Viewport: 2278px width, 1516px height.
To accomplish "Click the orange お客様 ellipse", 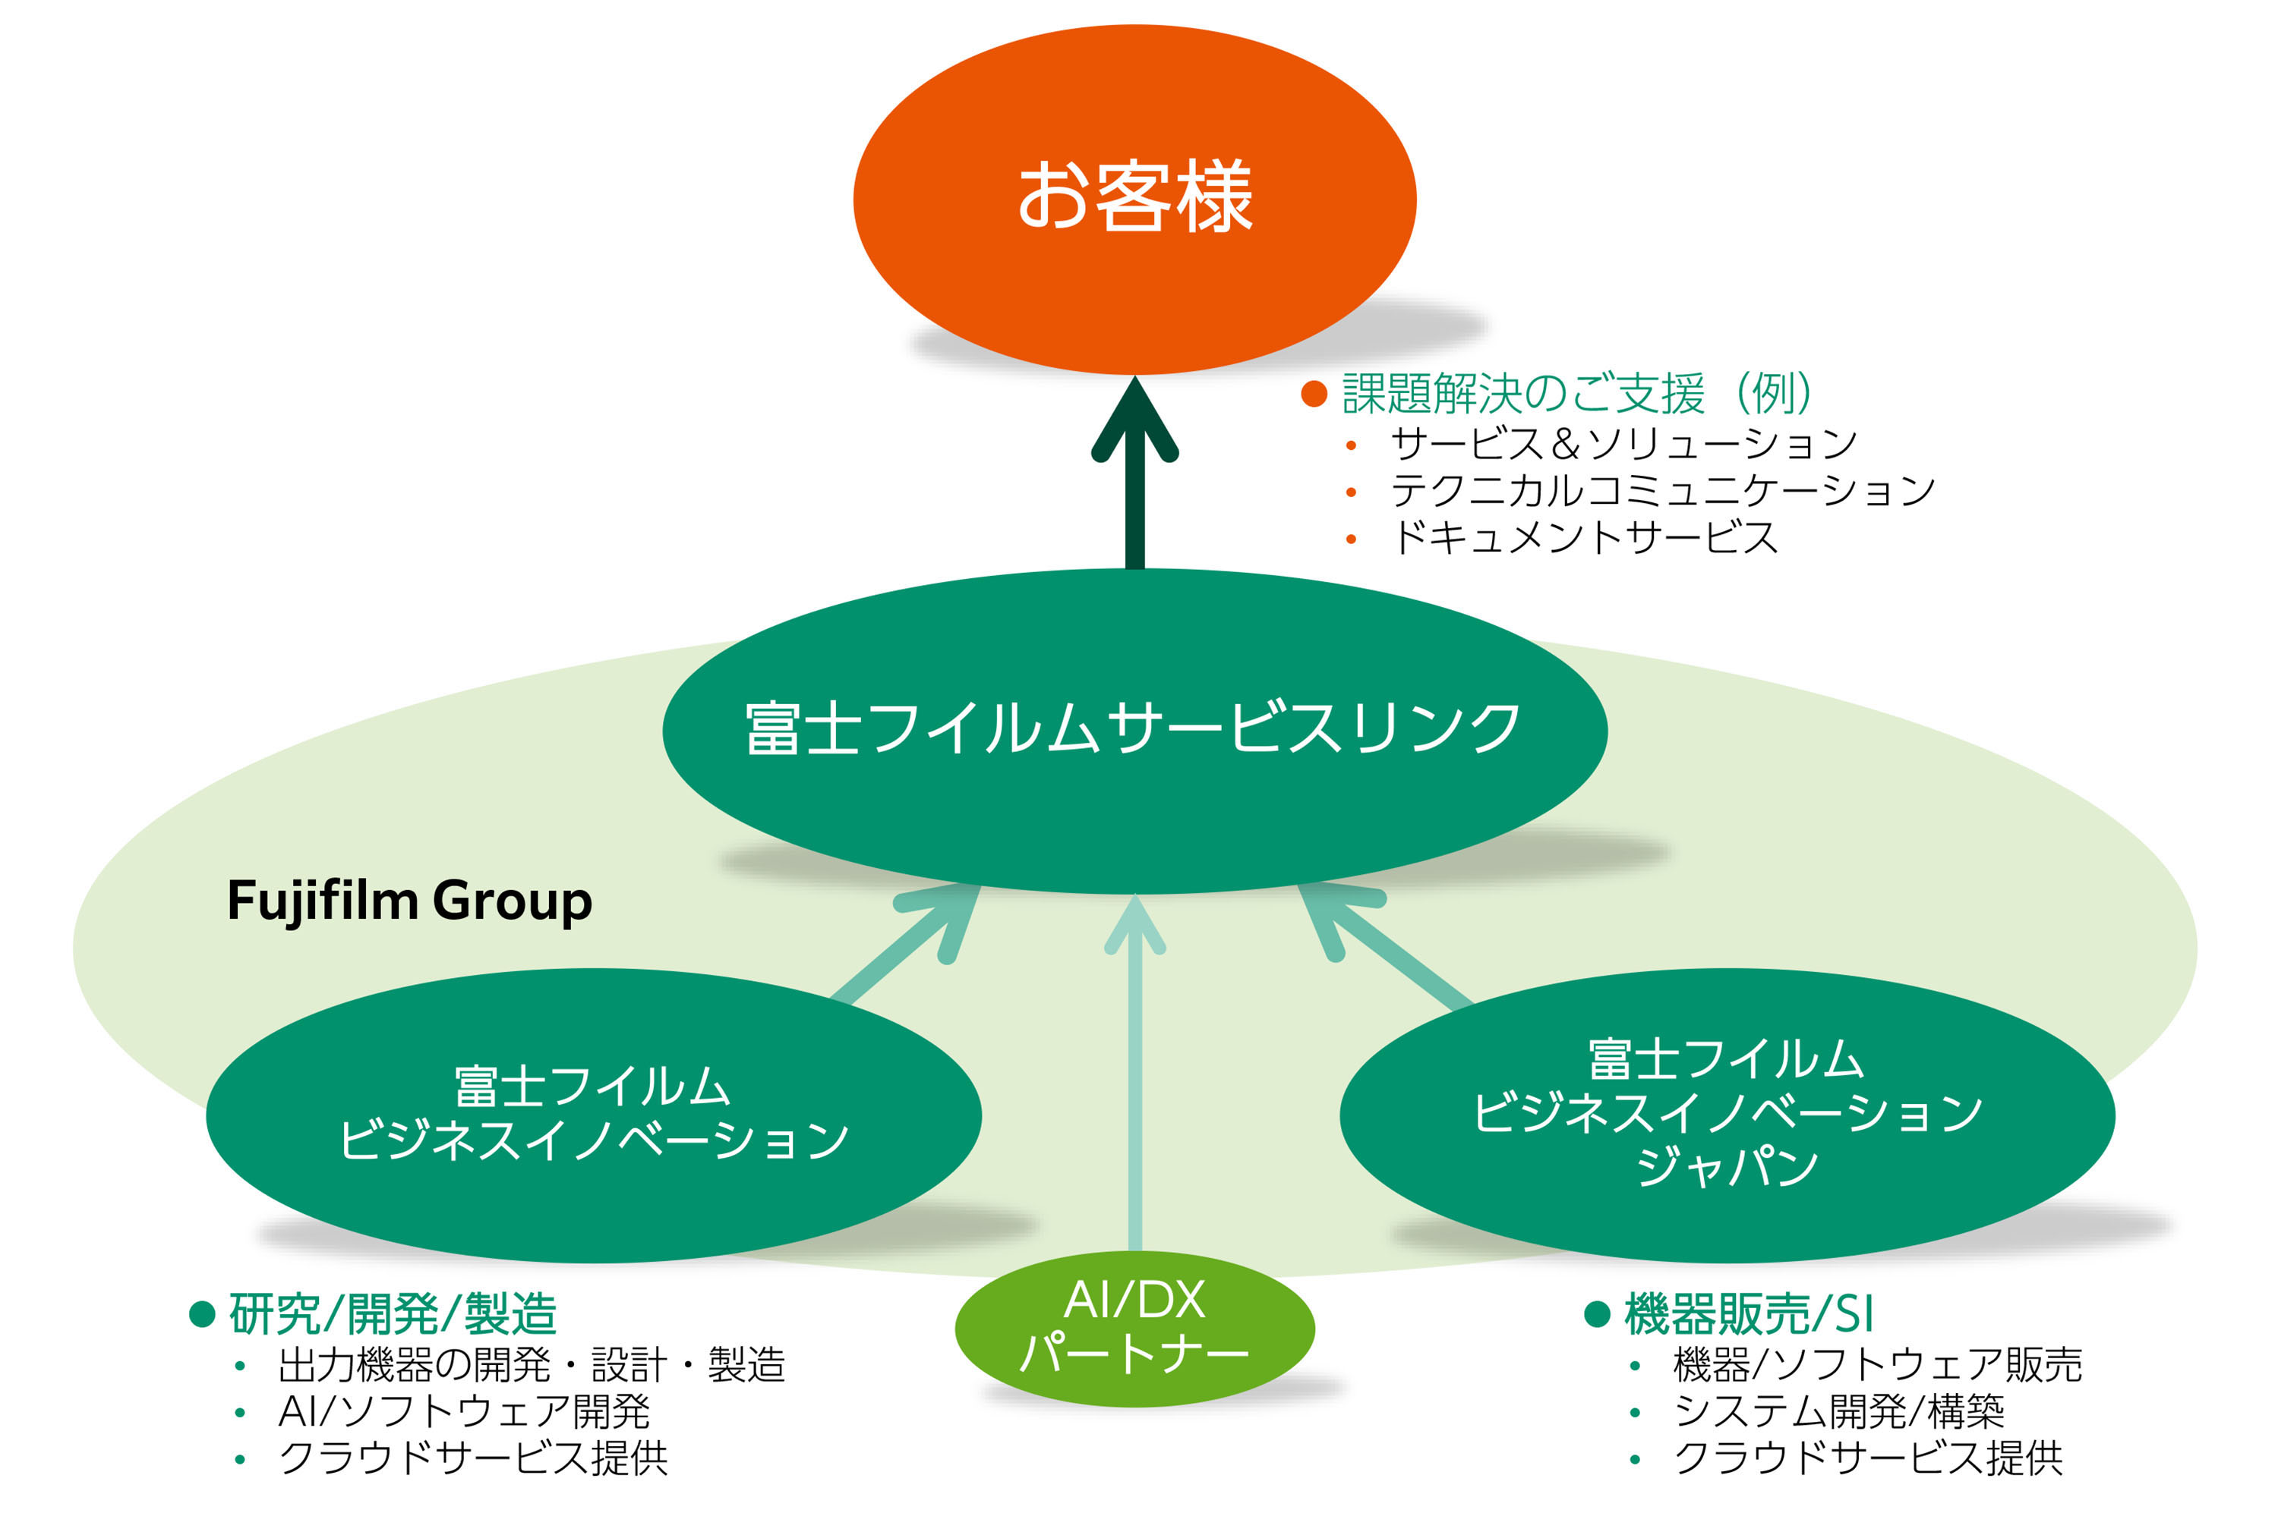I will [x=1134, y=198].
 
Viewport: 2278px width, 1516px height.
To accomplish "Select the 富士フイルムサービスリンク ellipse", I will [x=1134, y=730].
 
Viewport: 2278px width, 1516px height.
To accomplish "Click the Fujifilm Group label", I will [x=409, y=901].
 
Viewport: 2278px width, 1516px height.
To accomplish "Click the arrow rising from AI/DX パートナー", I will [x=1134, y=1083].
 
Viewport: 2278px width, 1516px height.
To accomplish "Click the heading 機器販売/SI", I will [x=1748, y=1314].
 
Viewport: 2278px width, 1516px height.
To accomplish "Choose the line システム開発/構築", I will [x=1838, y=1411].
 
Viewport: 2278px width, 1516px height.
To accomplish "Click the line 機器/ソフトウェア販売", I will [x=1876, y=1365].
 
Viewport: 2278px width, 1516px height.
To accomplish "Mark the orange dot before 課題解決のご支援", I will [x=1313, y=394].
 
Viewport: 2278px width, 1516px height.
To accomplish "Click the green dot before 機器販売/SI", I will [x=1596, y=1314].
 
